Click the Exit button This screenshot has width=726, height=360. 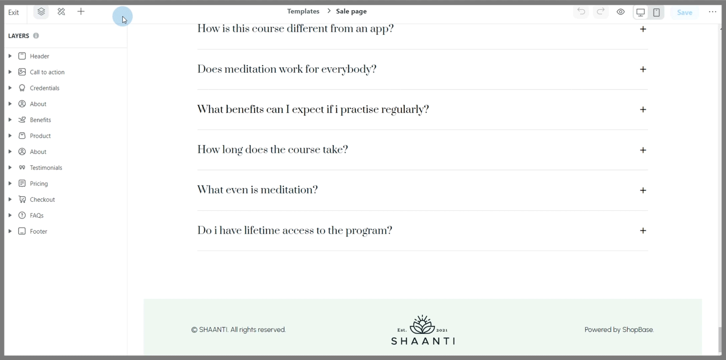click(14, 12)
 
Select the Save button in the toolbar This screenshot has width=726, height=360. click(684, 12)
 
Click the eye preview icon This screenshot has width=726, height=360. click(620, 12)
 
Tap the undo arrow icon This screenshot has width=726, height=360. click(581, 12)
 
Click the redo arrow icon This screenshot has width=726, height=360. click(601, 12)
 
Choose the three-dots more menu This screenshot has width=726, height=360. click(712, 12)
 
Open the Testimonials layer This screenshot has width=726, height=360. click(46, 167)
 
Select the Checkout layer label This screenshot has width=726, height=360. click(42, 199)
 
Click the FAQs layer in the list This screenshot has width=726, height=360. click(37, 215)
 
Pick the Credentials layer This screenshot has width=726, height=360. click(45, 88)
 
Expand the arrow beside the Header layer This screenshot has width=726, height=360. click(10, 56)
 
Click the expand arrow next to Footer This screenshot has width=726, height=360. click(10, 231)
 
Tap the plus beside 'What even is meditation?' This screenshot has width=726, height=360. click(643, 190)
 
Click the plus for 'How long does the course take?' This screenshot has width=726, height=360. click(643, 150)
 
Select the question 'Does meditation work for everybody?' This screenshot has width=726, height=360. click(287, 69)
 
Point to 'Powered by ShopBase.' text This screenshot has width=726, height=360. click(619, 330)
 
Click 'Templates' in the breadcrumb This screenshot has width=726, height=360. click(303, 11)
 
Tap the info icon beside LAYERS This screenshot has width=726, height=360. click(36, 36)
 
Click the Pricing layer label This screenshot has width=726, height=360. click(39, 183)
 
